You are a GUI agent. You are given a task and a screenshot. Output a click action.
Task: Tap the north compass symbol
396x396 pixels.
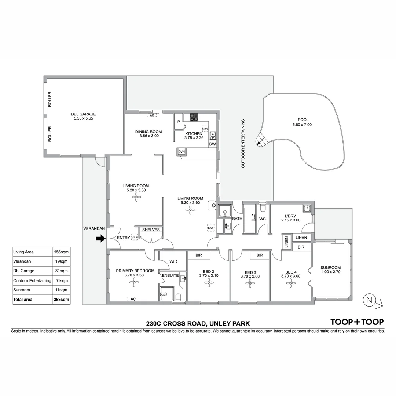pos(370,300)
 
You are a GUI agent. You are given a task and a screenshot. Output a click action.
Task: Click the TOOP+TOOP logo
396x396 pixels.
pos(357,322)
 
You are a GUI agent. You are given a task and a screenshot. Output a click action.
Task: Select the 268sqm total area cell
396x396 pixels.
pos(61,300)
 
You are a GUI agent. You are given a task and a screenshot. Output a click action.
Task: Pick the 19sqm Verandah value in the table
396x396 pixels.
pos(61,261)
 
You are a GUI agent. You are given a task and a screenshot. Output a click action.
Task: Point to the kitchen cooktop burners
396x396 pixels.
pos(194,117)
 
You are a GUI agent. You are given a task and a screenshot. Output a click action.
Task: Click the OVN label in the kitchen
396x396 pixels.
pos(181,151)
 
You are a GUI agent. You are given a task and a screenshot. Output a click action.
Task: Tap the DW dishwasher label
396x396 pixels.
pos(212,144)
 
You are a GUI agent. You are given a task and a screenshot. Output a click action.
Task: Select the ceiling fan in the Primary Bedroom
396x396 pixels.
pos(134,282)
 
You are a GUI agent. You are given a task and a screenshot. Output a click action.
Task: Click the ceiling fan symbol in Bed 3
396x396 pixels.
pos(250,283)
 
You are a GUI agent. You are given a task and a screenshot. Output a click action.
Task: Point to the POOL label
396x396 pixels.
pos(303,120)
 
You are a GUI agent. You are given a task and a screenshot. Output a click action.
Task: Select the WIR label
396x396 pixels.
pos(173,262)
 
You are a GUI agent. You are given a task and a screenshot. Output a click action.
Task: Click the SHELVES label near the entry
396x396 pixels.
pos(151,230)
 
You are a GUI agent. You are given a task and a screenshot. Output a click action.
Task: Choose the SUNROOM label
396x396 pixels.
pos(330,268)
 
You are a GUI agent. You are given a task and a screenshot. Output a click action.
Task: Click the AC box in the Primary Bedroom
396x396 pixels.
pos(133,299)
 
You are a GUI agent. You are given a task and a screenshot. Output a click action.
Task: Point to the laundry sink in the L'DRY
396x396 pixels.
pos(307,209)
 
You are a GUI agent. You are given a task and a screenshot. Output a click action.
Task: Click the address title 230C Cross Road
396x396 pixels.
pos(198,323)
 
